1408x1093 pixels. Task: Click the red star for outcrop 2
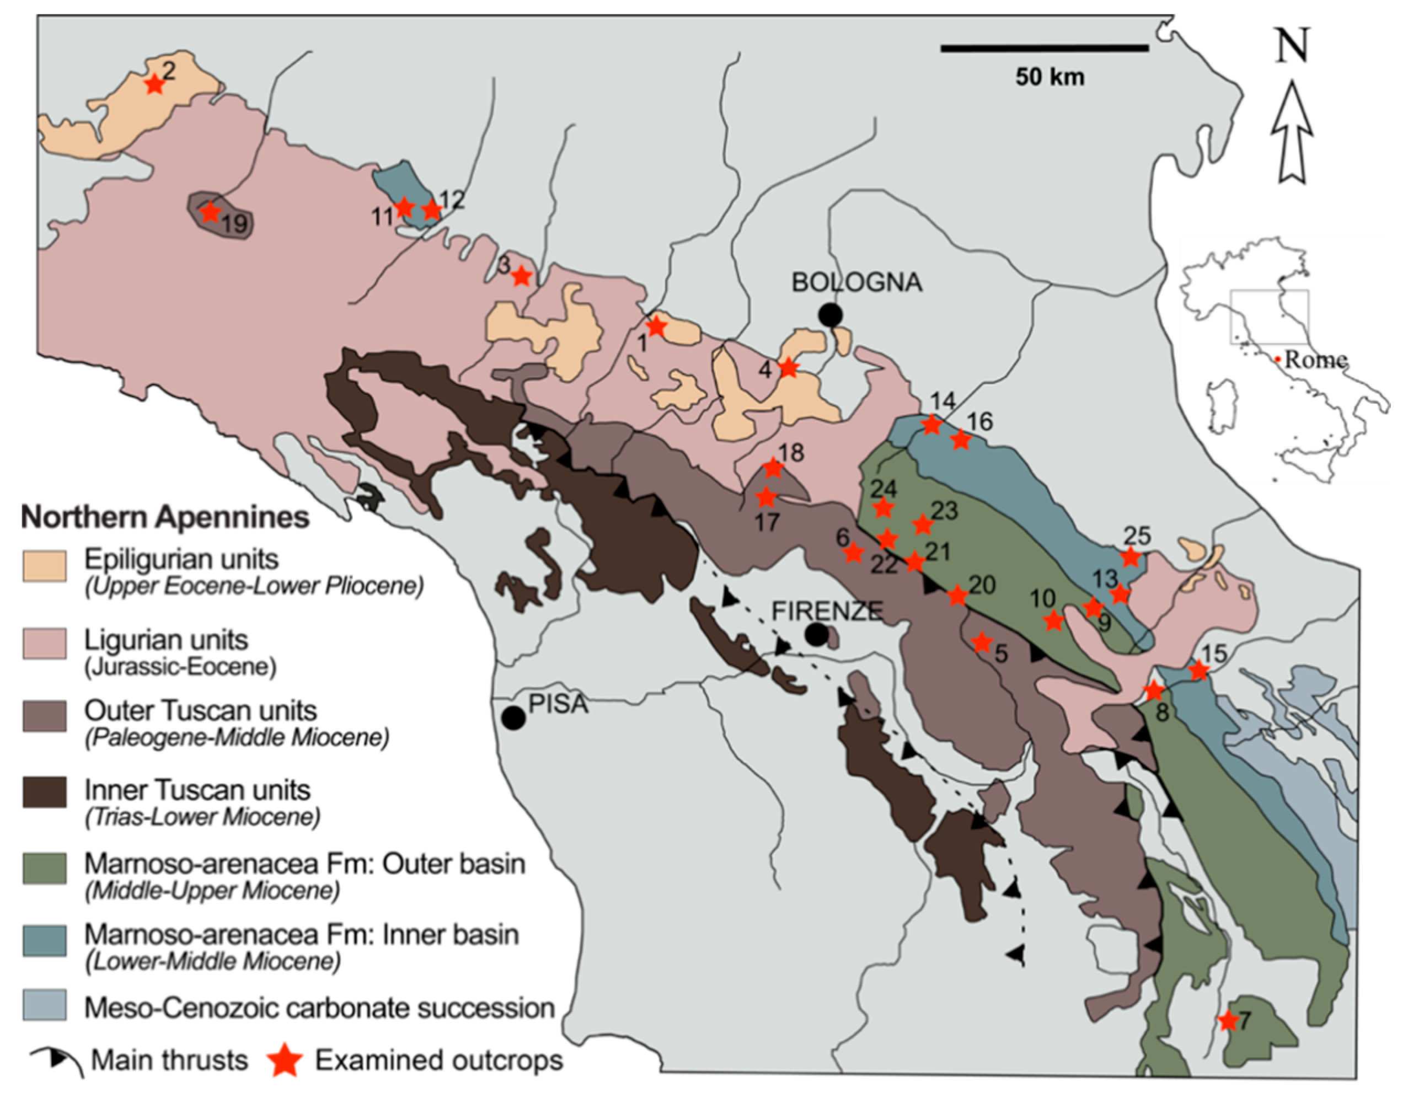pyautogui.click(x=154, y=84)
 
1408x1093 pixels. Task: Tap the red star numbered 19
pyautogui.click(x=210, y=212)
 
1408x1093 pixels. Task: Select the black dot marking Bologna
pyautogui.click(x=831, y=314)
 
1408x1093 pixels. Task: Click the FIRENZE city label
pyautogui.click(x=827, y=610)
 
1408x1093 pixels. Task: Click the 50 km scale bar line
pyautogui.click(x=1045, y=47)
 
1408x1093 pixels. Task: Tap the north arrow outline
pyautogui.click(x=1292, y=132)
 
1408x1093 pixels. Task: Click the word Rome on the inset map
pyautogui.click(x=1315, y=360)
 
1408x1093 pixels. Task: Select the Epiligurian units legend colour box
pyautogui.click(x=45, y=566)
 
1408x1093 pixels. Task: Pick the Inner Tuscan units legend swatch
pyautogui.click(x=45, y=792)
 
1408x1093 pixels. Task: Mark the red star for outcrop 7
pyautogui.click(x=1228, y=1021)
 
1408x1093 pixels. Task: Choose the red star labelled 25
pyautogui.click(x=1129, y=557)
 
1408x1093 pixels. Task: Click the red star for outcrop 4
pyautogui.click(x=788, y=368)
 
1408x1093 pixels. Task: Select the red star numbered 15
pyautogui.click(x=1198, y=670)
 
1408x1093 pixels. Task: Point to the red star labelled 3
pyautogui.click(x=522, y=276)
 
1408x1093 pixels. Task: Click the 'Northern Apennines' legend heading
pyautogui.click(x=165, y=517)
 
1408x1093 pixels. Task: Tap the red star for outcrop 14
pyautogui.click(x=931, y=424)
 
